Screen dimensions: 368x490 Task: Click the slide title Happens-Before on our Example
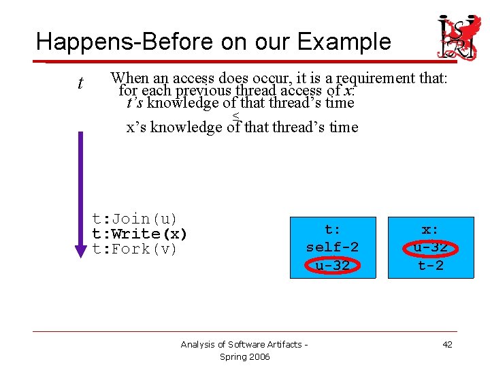(x=213, y=42)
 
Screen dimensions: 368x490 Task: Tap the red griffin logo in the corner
(x=457, y=36)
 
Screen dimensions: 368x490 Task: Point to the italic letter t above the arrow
(x=80, y=84)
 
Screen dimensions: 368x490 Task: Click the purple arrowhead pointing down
(x=81, y=249)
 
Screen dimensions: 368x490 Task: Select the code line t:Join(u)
(x=135, y=219)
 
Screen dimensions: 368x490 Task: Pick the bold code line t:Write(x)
(x=140, y=234)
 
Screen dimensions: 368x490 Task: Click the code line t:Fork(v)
(x=135, y=249)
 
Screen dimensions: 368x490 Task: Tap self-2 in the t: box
(x=332, y=247)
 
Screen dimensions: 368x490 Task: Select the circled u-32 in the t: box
(x=332, y=265)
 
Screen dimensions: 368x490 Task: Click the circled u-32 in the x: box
(x=430, y=247)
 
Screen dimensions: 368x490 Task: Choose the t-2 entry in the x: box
(x=430, y=265)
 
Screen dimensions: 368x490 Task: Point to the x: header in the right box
(x=430, y=230)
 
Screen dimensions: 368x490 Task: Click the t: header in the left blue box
(x=332, y=230)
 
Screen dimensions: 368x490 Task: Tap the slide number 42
(x=447, y=345)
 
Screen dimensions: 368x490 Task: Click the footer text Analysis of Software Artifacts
(x=244, y=345)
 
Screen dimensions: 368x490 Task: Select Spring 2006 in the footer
(x=244, y=357)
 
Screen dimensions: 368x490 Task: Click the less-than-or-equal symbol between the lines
(x=236, y=114)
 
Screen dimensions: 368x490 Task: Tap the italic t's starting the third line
(x=135, y=103)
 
